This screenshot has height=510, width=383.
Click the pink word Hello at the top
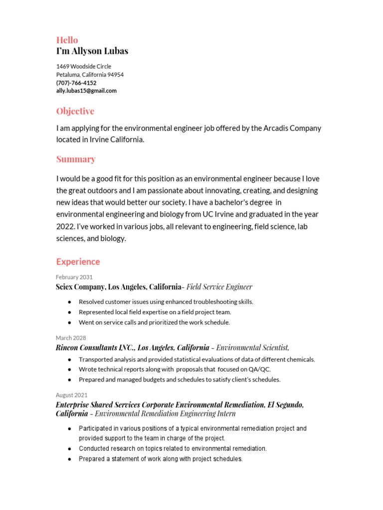click(67, 40)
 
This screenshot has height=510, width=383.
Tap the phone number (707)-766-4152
click(76, 83)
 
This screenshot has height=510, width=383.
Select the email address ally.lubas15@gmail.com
click(86, 91)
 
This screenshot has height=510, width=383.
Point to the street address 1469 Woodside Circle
click(84, 66)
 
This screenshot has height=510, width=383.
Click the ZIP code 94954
click(116, 75)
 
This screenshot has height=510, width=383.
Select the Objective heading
click(75, 111)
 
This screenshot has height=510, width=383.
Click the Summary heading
click(76, 159)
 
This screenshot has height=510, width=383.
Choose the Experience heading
click(78, 261)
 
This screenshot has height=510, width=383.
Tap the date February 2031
click(74, 277)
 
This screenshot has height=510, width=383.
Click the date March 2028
click(71, 338)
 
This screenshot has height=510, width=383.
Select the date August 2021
click(72, 395)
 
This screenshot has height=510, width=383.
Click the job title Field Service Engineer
click(219, 287)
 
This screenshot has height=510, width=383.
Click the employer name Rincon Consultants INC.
click(94, 348)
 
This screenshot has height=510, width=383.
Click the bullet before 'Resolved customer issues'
click(68, 302)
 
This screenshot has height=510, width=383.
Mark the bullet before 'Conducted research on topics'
click(68, 449)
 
